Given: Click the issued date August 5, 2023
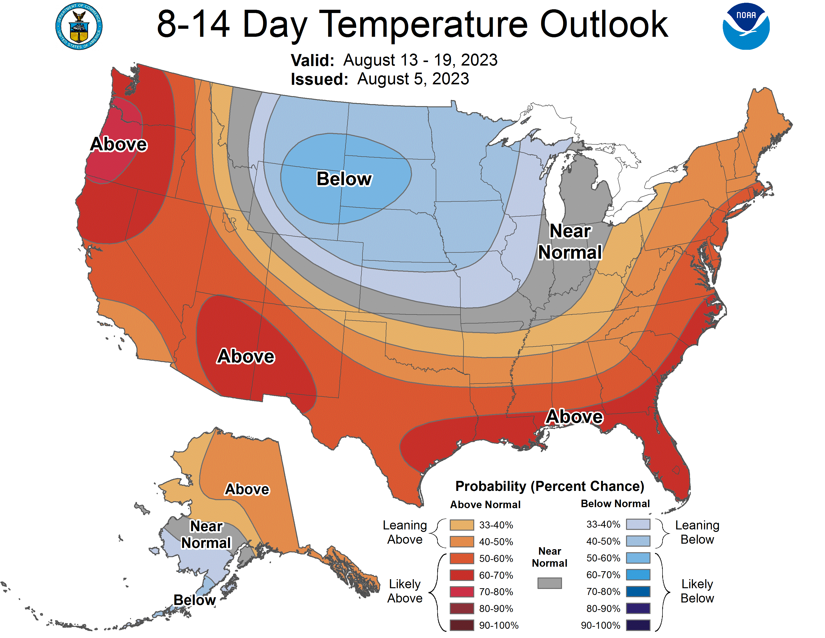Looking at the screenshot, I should [x=413, y=79].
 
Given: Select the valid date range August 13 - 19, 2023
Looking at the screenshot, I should [x=420, y=60].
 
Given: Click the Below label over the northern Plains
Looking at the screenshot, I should [x=344, y=179].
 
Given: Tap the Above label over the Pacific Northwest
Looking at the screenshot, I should [x=118, y=144].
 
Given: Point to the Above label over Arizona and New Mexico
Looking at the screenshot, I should [x=245, y=357].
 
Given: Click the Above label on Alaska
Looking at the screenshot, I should [x=247, y=489].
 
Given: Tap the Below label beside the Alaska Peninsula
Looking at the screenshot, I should [x=194, y=600].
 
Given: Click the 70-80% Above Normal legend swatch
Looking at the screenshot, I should [x=461, y=592].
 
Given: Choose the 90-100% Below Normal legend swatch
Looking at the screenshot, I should [x=638, y=625].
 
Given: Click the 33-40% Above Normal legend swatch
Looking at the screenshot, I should [x=461, y=525].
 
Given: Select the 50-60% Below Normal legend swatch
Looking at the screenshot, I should [x=638, y=558].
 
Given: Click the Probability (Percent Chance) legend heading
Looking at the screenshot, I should [x=549, y=486].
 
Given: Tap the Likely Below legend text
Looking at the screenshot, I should [x=697, y=591].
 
